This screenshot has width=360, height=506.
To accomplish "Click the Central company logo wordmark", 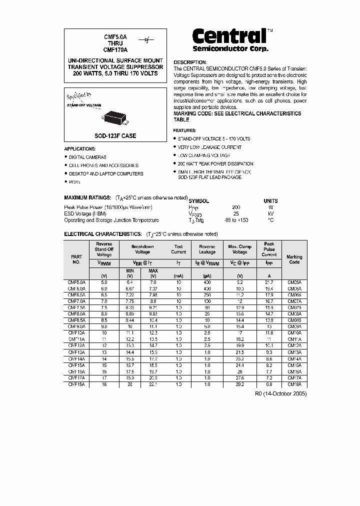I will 230,36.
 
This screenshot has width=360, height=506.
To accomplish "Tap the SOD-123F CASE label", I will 115,135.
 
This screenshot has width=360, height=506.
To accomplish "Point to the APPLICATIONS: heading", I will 80,149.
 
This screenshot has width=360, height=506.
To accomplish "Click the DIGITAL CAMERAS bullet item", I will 87,157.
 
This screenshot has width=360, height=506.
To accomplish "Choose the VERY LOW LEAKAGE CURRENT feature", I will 209,147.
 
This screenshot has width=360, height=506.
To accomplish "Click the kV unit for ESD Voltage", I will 270,213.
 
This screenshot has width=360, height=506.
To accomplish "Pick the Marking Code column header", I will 294,259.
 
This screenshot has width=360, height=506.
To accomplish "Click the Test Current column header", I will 178,249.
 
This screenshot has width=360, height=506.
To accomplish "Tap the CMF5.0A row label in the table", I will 76,282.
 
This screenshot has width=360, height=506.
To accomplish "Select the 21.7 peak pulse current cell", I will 269,282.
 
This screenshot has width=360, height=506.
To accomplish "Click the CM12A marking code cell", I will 294,344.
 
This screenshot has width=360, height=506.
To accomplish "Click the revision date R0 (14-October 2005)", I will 281,394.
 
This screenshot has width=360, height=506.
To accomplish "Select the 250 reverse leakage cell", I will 207,295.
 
